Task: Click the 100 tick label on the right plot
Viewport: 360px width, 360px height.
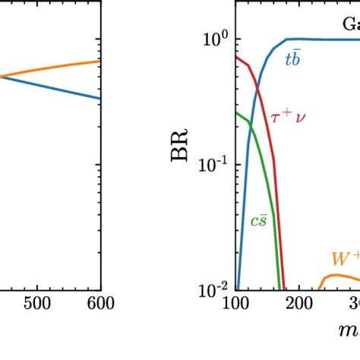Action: (x=236, y=304)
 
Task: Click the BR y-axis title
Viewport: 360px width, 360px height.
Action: (x=180, y=162)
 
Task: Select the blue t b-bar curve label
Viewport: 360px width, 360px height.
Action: (x=292, y=60)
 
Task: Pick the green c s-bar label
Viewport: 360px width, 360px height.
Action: (x=259, y=223)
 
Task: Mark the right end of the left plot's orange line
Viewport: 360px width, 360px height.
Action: (x=100, y=61)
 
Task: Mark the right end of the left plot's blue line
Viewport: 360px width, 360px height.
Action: (x=100, y=97)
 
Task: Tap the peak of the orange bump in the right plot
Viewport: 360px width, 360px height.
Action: (x=335, y=275)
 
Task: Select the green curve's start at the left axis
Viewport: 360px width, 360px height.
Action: (x=237, y=112)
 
